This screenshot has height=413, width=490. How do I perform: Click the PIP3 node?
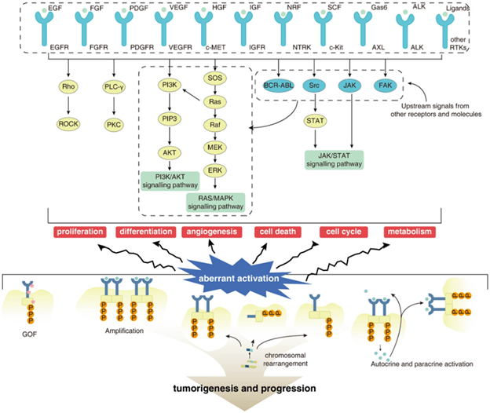pyautogui.click(x=168, y=120)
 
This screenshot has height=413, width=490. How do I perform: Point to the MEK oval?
pyautogui.click(x=214, y=148)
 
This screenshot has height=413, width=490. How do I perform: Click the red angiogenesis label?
pyautogui.click(x=211, y=232)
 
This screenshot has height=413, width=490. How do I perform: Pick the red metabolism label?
pyautogui.click(x=411, y=232)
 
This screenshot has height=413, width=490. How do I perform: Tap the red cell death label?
pyautogui.click(x=277, y=232)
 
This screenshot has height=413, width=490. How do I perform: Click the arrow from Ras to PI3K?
pyautogui.click(x=192, y=93)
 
